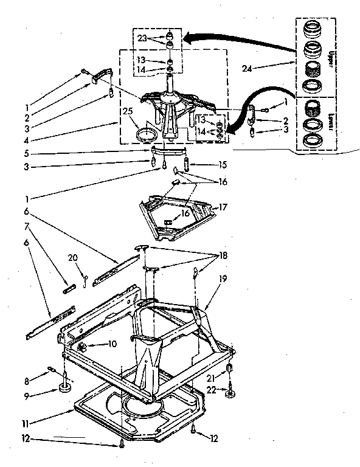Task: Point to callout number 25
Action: (127, 111)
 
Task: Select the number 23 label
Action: (141, 38)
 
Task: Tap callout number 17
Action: (223, 207)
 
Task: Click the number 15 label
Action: (223, 164)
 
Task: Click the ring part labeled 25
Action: (145, 133)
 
